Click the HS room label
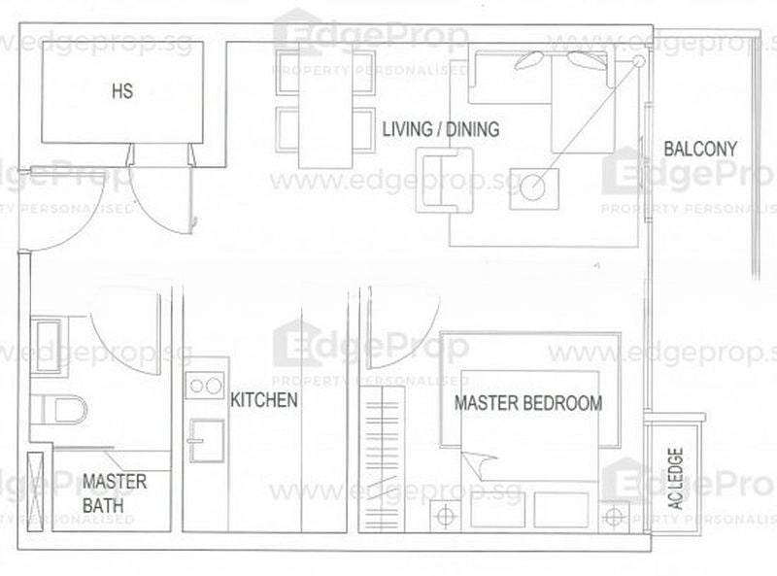tap(122, 91)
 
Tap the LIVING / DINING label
tap(441, 129)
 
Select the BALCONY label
tap(700, 149)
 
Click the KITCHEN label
tap(264, 400)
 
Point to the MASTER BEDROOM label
tap(528, 403)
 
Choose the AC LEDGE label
tap(676, 478)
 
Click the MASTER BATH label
tap(115, 493)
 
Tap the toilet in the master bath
tap(59, 410)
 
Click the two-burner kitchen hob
tap(205, 386)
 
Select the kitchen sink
tap(207, 441)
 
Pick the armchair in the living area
tap(445, 181)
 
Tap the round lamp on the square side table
tap(532, 187)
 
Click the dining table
tap(325, 106)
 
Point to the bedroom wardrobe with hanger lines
tap(382, 458)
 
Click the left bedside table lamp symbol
tap(446, 516)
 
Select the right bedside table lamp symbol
tap(614, 517)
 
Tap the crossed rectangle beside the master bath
tap(35, 492)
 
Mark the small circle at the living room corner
tap(639, 61)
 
